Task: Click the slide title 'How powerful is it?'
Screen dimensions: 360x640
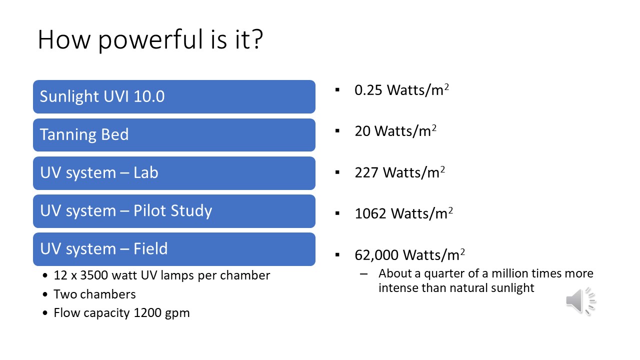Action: click(150, 40)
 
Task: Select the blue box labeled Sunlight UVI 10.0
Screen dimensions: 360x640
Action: click(174, 96)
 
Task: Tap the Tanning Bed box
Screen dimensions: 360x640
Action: click(174, 135)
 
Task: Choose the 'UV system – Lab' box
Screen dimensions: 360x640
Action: click(174, 173)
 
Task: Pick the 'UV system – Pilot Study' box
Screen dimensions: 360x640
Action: click(174, 211)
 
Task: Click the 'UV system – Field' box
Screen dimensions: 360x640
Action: click(174, 249)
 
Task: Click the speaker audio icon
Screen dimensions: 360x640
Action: click(580, 300)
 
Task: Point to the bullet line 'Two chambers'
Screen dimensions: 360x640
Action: click(94, 294)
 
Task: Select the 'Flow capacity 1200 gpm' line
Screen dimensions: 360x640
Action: click(121, 313)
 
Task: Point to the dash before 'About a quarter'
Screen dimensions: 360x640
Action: click(363, 274)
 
